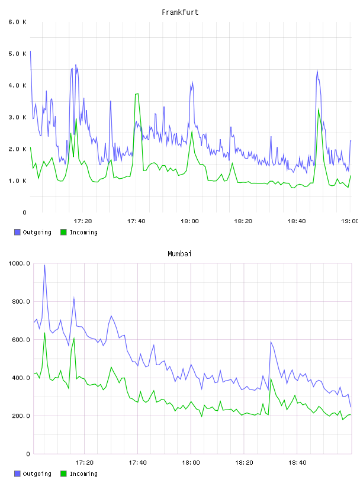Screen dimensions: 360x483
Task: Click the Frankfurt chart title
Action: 180,12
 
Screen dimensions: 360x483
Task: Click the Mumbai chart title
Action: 179,254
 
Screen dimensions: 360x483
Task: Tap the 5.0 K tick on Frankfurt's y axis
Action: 17,54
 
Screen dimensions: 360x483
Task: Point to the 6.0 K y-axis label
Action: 17,22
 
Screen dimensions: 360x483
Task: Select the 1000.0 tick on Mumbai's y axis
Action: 19,263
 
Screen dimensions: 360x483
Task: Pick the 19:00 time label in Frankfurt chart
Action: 350,221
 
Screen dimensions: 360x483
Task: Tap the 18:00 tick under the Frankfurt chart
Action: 189,221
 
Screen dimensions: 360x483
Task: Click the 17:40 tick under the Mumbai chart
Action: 137,462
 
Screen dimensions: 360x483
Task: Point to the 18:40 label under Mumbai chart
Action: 297,462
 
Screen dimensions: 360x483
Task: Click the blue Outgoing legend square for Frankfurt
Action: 17,232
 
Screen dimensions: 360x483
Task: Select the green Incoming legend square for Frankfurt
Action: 63,232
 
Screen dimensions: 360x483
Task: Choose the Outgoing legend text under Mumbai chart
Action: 37,474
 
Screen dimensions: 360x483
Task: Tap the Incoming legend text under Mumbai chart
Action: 83,474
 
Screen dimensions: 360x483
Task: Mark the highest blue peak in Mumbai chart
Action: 44,265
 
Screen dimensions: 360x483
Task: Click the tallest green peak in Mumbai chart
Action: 44,333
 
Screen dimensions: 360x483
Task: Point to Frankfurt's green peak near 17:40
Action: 137,94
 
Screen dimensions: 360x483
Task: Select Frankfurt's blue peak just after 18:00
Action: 192,82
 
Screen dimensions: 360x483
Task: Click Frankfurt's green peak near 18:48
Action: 319,109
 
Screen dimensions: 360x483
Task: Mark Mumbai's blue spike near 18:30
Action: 271,342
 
